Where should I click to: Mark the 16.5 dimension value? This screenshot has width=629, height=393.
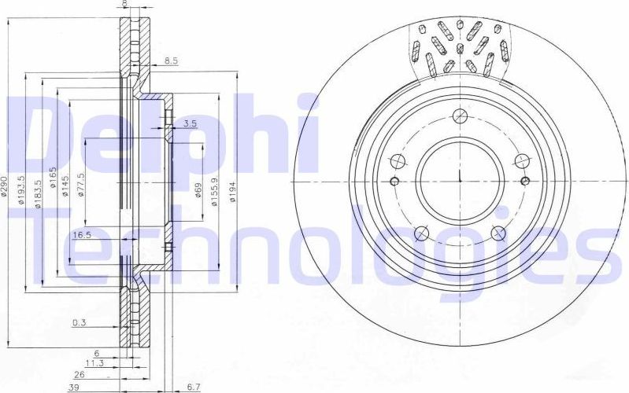(x=83, y=234)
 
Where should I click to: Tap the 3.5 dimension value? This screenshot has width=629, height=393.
(x=189, y=123)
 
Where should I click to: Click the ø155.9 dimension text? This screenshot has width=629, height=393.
(x=214, y=191)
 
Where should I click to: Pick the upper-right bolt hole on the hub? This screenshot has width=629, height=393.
(x=520, y=160)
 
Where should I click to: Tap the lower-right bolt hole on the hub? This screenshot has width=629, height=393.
(x=498, y=232)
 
